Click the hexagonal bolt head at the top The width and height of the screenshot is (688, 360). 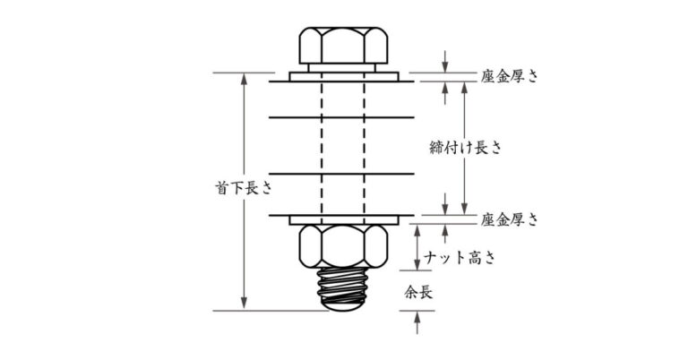click(x=343, y=46)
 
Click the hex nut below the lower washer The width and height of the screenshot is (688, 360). click(x=343, y=246)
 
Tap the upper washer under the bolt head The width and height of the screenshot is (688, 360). click(x=344, y=77)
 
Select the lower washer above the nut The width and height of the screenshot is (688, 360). click(x=344, y=220)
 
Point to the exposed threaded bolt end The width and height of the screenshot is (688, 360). click(x=343, y=289)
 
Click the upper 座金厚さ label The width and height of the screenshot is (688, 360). click(x=509, y=76)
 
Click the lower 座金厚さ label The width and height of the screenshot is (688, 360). click(x=509, y=219)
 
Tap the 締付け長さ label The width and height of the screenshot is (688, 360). click(x=465, y=148)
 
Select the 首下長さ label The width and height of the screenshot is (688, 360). click(x=244, y=188)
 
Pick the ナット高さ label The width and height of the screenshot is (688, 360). click(x=460, y=257)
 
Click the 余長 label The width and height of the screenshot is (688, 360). click(x=418, y=293)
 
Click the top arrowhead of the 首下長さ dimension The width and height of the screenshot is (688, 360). click(x=244, y=78)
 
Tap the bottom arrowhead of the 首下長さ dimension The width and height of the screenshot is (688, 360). click(x=244, y=305)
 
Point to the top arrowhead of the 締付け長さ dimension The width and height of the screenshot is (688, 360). click(x=464, y=87)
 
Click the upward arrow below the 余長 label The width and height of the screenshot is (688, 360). click(x=417, y=322)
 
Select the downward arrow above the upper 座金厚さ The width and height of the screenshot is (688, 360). click(x=445, y=62)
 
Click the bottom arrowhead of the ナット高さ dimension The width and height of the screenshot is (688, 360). click(x=417, y=264)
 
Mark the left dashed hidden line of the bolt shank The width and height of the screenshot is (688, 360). click(x=322, y=149)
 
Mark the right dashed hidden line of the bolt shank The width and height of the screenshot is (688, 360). click(x=365, y=149)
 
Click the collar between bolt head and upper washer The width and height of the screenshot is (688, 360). click(x=342, y=68)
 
